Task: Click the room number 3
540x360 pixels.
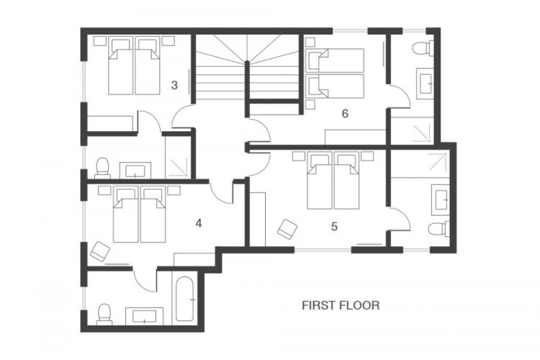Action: (174, 85)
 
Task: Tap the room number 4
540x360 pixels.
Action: (199, 224)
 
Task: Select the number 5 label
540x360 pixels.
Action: (334, 227)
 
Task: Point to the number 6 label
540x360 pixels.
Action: (345, 113)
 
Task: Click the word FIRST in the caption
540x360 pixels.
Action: (318, 305)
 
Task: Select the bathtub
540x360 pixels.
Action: (184, 299)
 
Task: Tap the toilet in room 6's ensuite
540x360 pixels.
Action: (423, 48)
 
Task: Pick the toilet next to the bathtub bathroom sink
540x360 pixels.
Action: (104, 314)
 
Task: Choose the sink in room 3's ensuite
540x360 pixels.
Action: (135, 171)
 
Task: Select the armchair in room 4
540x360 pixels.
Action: (100, 251)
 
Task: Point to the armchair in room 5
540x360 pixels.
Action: (287, 228)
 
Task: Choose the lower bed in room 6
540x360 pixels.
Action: (335, 86)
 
